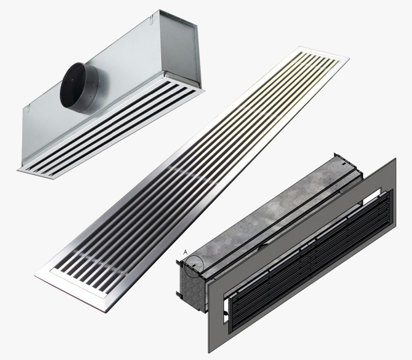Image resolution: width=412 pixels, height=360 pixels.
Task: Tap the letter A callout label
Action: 185,252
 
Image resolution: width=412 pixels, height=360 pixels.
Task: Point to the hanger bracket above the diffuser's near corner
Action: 28,108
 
